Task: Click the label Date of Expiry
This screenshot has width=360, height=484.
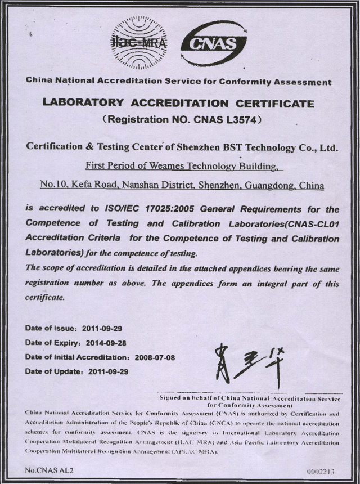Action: [x=52, y=342]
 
